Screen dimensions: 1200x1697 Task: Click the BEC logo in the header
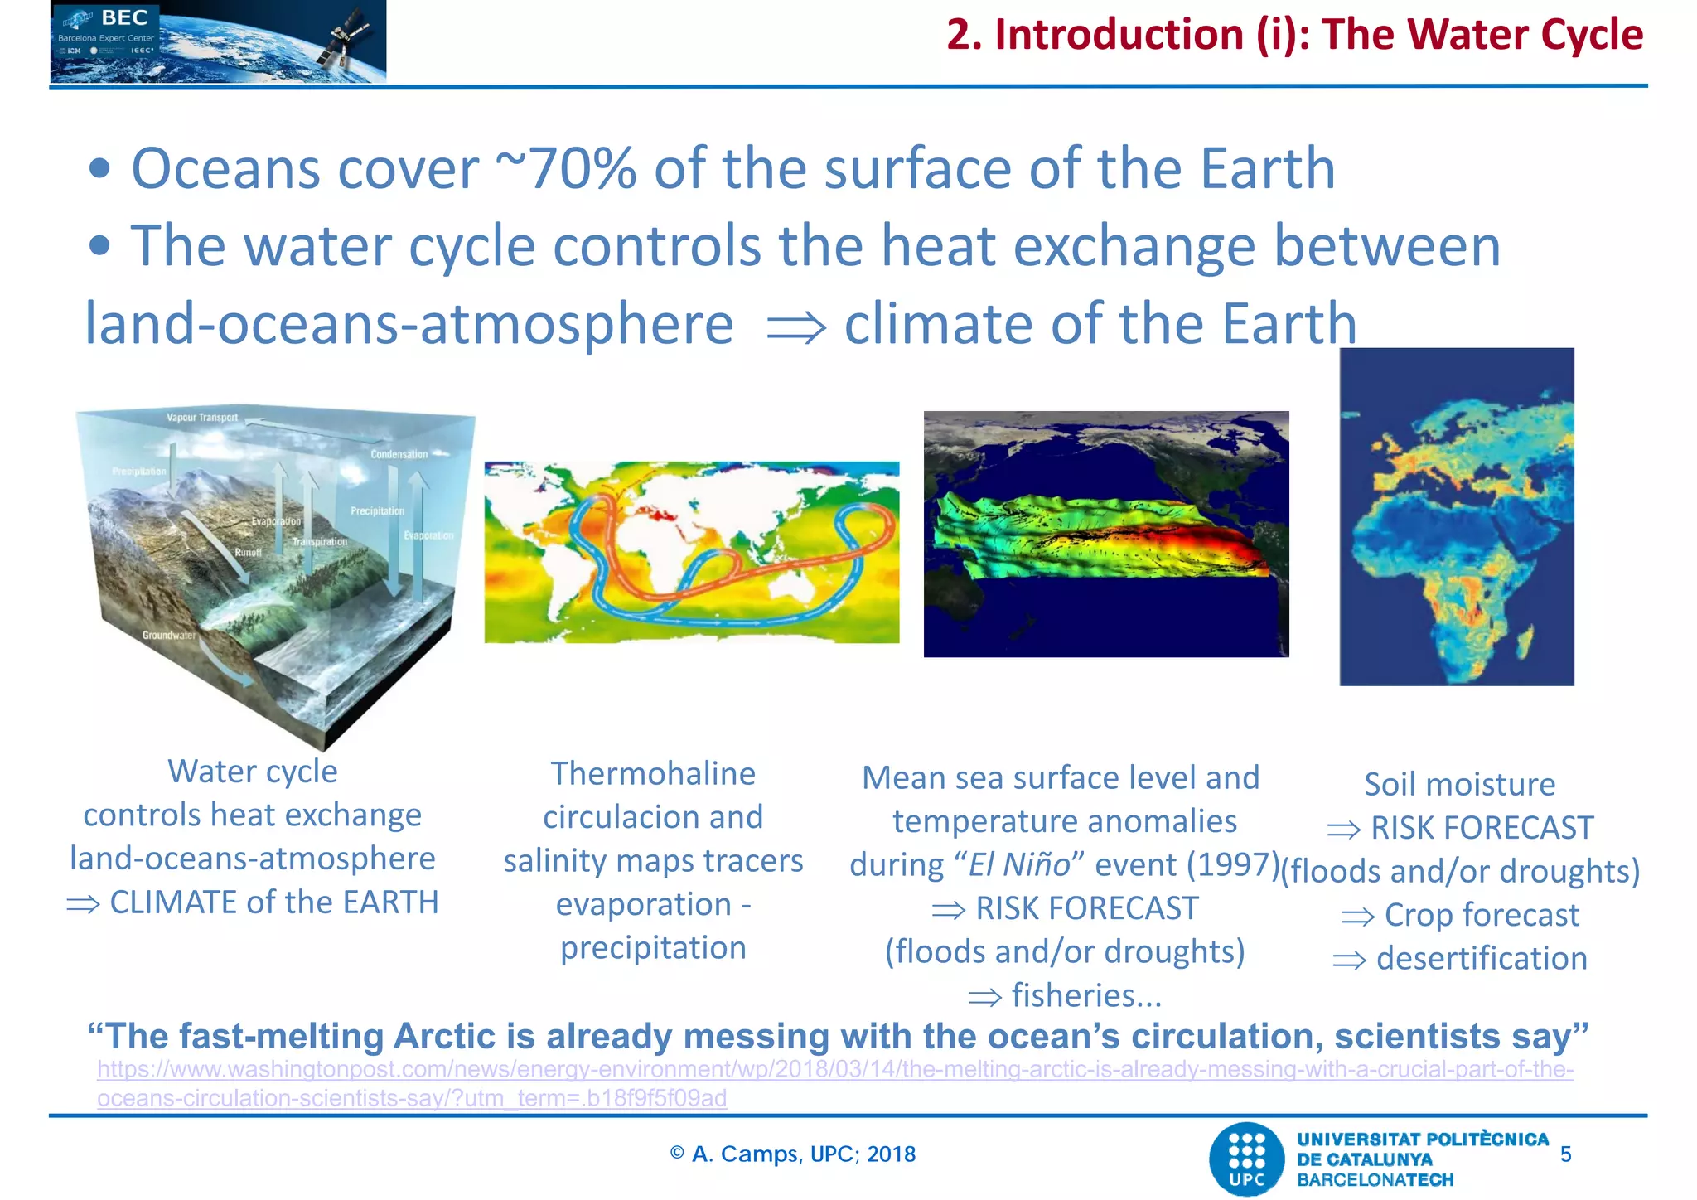[124, 18]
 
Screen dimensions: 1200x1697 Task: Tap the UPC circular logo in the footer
[1246, 1159]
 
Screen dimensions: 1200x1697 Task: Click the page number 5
[1565, 1154]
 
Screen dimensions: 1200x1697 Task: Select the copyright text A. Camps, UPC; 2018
[793, 1154]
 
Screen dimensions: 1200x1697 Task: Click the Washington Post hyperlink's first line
[834, 1069]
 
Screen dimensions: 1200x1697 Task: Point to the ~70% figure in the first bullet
[566, 169]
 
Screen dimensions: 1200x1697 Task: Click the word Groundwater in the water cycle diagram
[169, 636]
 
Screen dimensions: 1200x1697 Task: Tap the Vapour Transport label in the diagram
[202, 418]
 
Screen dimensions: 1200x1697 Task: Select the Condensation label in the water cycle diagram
[399, 454]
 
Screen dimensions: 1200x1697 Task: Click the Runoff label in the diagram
[248, 552]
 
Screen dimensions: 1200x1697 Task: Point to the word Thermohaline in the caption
[653, 774]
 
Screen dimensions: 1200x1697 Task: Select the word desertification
[1482, 959]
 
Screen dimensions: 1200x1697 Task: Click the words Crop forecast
[1482, 916]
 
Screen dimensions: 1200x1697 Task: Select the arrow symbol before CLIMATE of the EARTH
[83, 904]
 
